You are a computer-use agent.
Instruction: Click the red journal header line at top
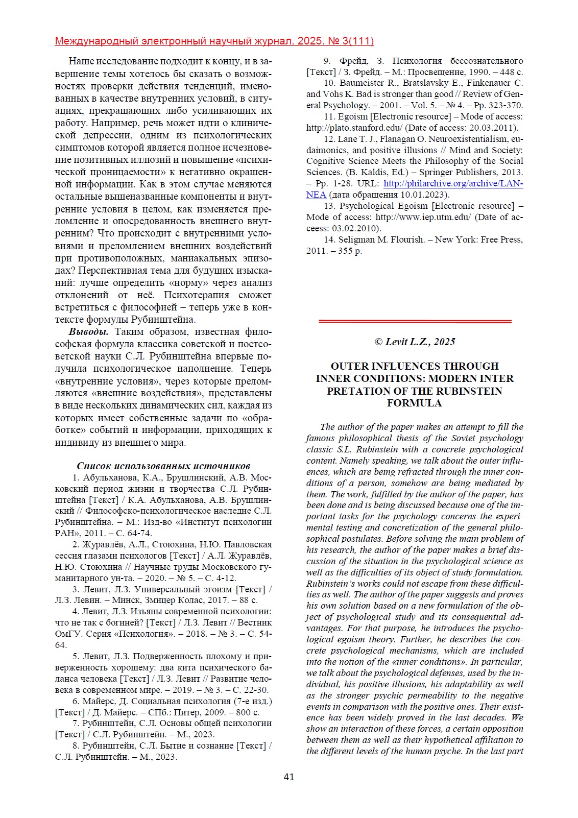coord(214,41)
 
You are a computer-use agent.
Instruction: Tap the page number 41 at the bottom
coord(289,777)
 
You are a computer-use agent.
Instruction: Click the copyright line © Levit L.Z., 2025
coord(415,342)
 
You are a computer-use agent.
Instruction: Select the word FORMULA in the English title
coord(414,403)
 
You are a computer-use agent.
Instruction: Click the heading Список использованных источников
coord(163,466)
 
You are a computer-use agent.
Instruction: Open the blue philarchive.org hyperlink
coord(453,183)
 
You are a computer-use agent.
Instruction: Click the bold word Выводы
coord(88,332)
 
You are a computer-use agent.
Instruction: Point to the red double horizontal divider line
coord(415,321)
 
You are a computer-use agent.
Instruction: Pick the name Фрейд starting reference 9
coord(354,61)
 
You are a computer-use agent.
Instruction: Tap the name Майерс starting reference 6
coord(99,701)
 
